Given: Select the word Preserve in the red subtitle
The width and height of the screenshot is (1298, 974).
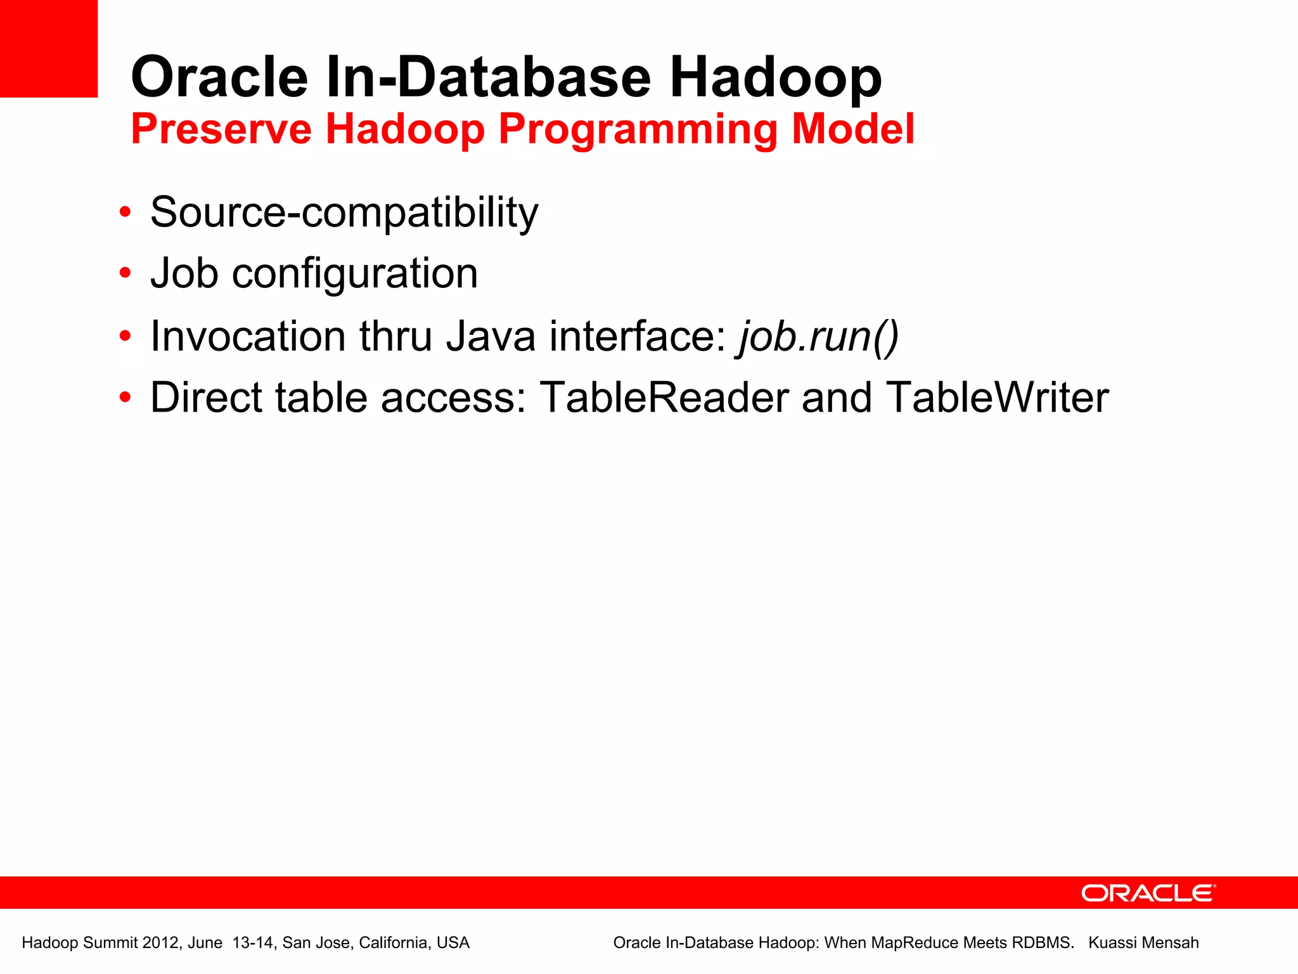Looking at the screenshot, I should (x=221, y=129).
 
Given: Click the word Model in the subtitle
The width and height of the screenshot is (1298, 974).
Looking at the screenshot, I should (x=853, y=129).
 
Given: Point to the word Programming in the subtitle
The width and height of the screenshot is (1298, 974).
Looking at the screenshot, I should (x=638, y=130).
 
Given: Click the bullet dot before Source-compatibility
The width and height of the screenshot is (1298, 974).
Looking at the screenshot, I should (x=125, y=212).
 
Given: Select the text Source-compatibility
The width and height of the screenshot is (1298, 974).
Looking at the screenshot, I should (x=344, y=212).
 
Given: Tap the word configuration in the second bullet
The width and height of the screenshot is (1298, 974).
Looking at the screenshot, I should (x=355, y=274).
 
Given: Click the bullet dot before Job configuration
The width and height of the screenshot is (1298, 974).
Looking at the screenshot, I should (x=125, y=273).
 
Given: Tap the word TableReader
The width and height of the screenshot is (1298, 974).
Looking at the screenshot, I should (x=664, y=398).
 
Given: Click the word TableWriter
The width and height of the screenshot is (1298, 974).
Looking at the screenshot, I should (x=997, y=398).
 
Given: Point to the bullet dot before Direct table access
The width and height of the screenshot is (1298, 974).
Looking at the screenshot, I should (x=125, y=398).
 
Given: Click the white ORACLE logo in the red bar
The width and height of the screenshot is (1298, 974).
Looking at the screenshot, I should (x=1148, y=893).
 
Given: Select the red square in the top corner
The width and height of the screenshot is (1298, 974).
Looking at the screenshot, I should (x=48, y=48).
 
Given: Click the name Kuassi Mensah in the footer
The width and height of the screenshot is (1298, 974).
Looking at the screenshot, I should (x=1143, y=943).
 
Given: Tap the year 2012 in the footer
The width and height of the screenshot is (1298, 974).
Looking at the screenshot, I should (x=160, y=943).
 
